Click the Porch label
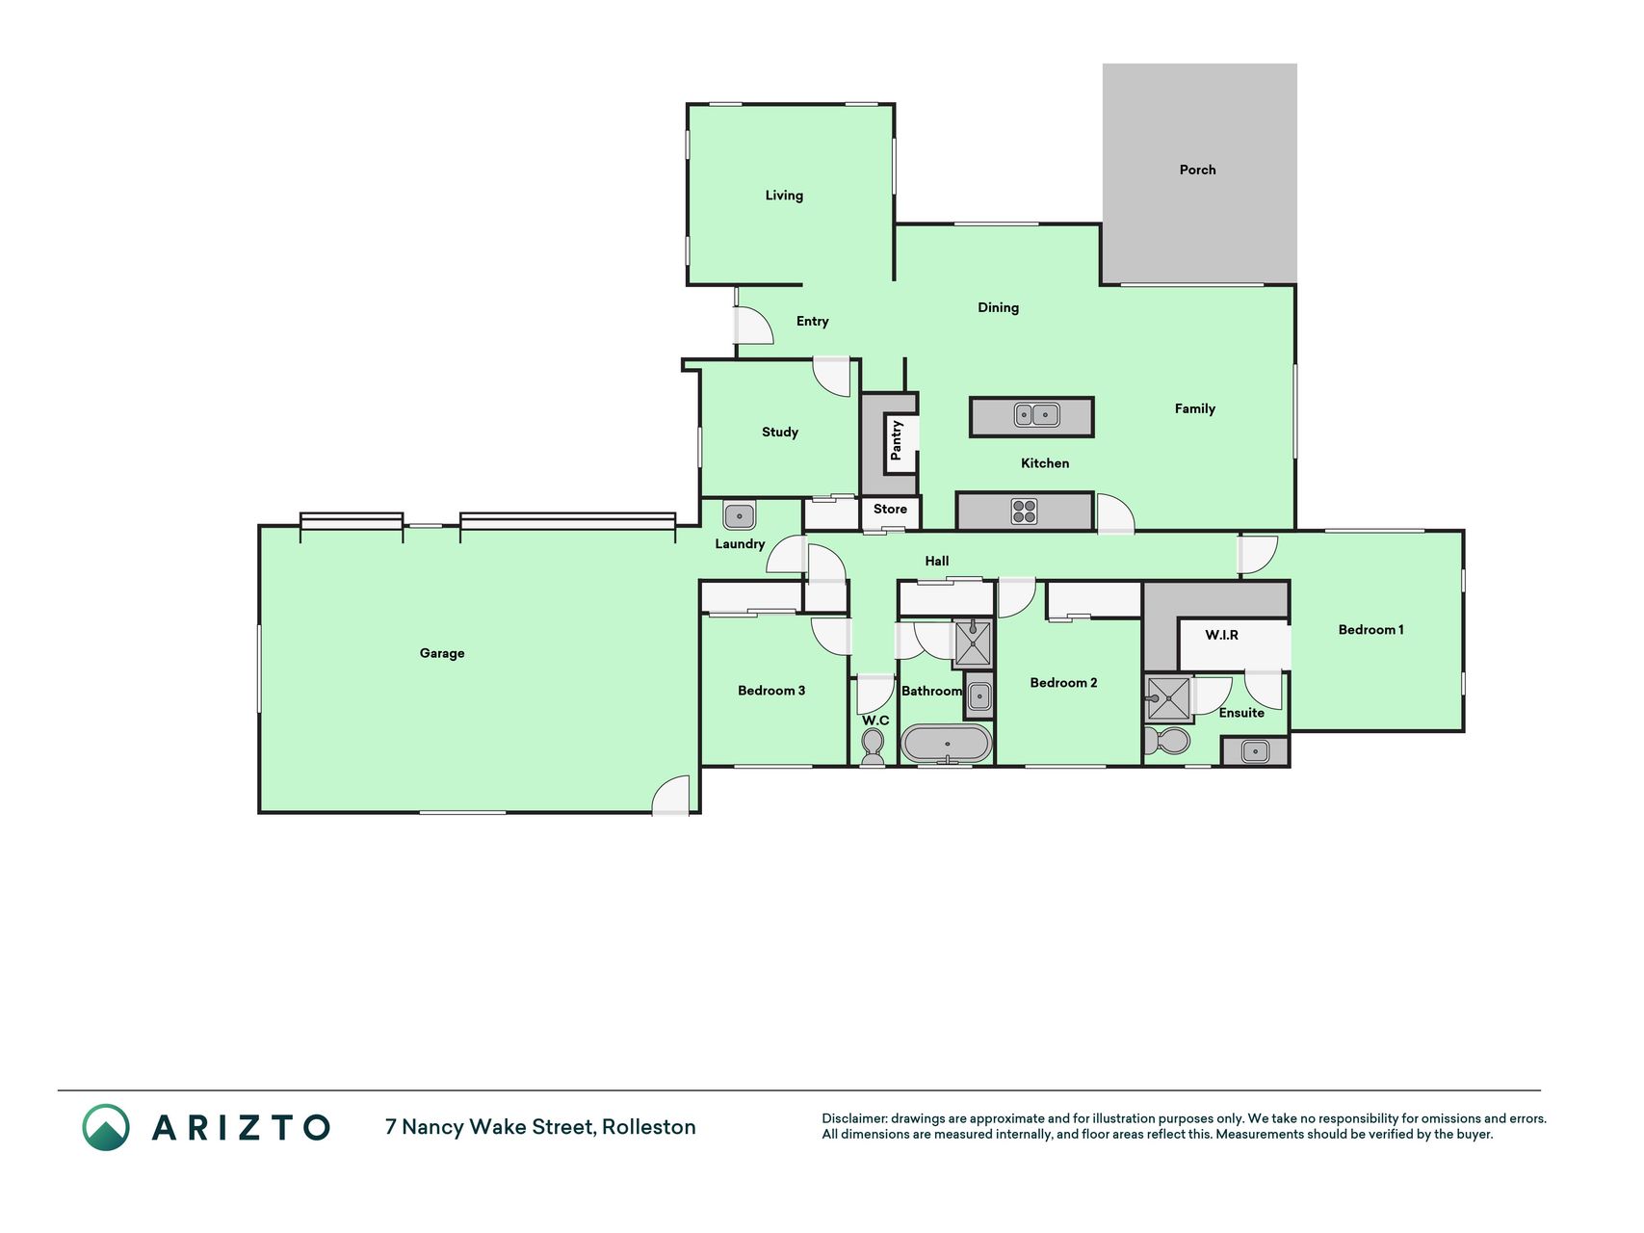pyautogui.click(x=1197, y=170)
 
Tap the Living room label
pyautogui.click(x=784, y=196)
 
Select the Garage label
pyautogui.click(x=442, y=653)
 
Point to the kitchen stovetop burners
pyautogui.click(x=1024, y=512)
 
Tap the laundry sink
pyautogui.click(x=739, y=515)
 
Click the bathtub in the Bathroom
pyautogui.click(x=946, y=744)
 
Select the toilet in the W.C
pyautogui.click(x=873, y=748)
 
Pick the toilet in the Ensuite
pyautogui.click(x=1166, y=741)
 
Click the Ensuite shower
pyautogui.click(x=1168, y=699)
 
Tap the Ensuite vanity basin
pyautogui.click(x=1254, y=751)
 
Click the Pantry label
pyautogui.click(x=897, y=439)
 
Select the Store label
pyautogui.click(x=890, y=509)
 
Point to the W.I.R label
pyautogui.click(x=1221, y=635)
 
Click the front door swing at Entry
pyautogui.click(x=754, y=326)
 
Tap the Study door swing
pyautogui.click(x=832, y=377)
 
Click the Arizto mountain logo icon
pyautogui.click(x=106, y=1127)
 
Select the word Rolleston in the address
pyautogui.click(x=649, y=1127)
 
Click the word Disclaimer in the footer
pyautogui.click(x=854, y=1118)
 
